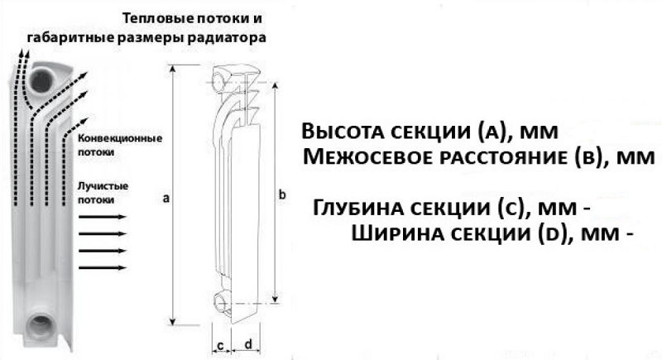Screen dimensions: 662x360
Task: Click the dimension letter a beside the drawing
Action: [166, 198]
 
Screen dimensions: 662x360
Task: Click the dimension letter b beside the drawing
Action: [282, 194]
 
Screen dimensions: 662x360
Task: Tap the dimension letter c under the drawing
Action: [220, 346]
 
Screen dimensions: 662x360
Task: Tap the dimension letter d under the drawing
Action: [248, 344]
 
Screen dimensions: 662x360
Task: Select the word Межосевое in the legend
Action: [368, 157]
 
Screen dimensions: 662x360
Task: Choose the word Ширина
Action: [392, 233]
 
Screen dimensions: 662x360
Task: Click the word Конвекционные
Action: [120, 138]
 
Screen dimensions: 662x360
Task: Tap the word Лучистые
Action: [103, 186]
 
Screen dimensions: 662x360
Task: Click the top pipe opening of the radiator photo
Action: [41, 80]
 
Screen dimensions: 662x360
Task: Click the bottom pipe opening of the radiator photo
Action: [41, 326]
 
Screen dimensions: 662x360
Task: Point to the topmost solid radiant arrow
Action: [103, 217]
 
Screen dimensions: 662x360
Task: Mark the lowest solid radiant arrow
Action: [103, 267]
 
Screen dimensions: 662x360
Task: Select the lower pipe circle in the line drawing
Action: [221, 302]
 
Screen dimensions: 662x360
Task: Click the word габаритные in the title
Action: [70, 37]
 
